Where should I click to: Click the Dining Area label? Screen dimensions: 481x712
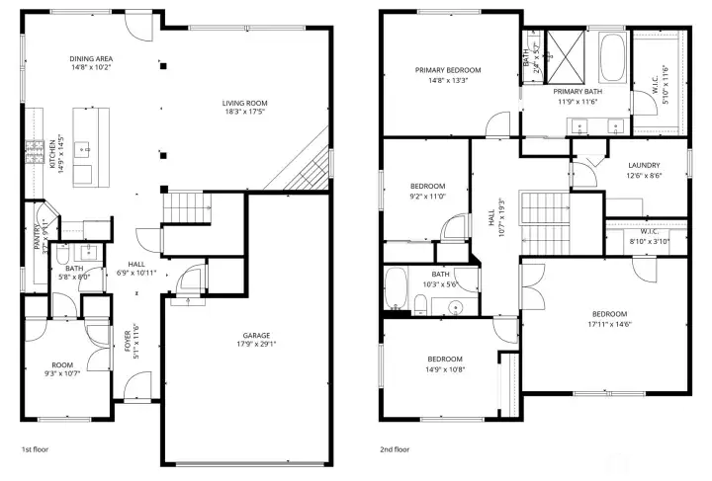click(x=90, y=58)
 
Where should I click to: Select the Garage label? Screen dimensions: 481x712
click(x=257, y=336)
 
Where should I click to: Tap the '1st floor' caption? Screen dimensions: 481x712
click(x=37, y=448)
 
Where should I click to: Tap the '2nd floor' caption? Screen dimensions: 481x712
click(x=396, y=448)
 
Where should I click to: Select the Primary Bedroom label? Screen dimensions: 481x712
click(x=447, y=70)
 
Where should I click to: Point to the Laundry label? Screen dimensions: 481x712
click(x=645, y=165)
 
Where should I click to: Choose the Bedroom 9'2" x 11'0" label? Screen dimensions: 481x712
click(x=427, y=186)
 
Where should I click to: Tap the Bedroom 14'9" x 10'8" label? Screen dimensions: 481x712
click(x=445, y=359)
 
